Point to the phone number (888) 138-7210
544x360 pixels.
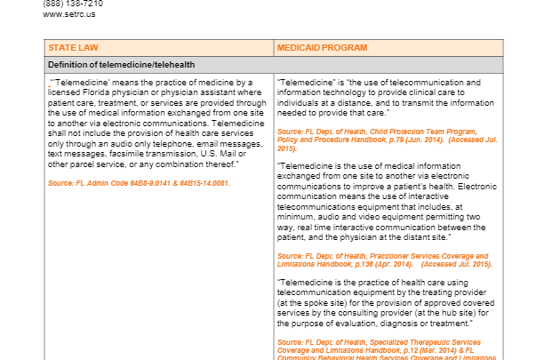point(72,4)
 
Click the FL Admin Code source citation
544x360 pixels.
point(139,183)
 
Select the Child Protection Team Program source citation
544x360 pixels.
point(382,131)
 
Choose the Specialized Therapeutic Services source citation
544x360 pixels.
point(384,341)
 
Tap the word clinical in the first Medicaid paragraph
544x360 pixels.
point(424,92)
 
